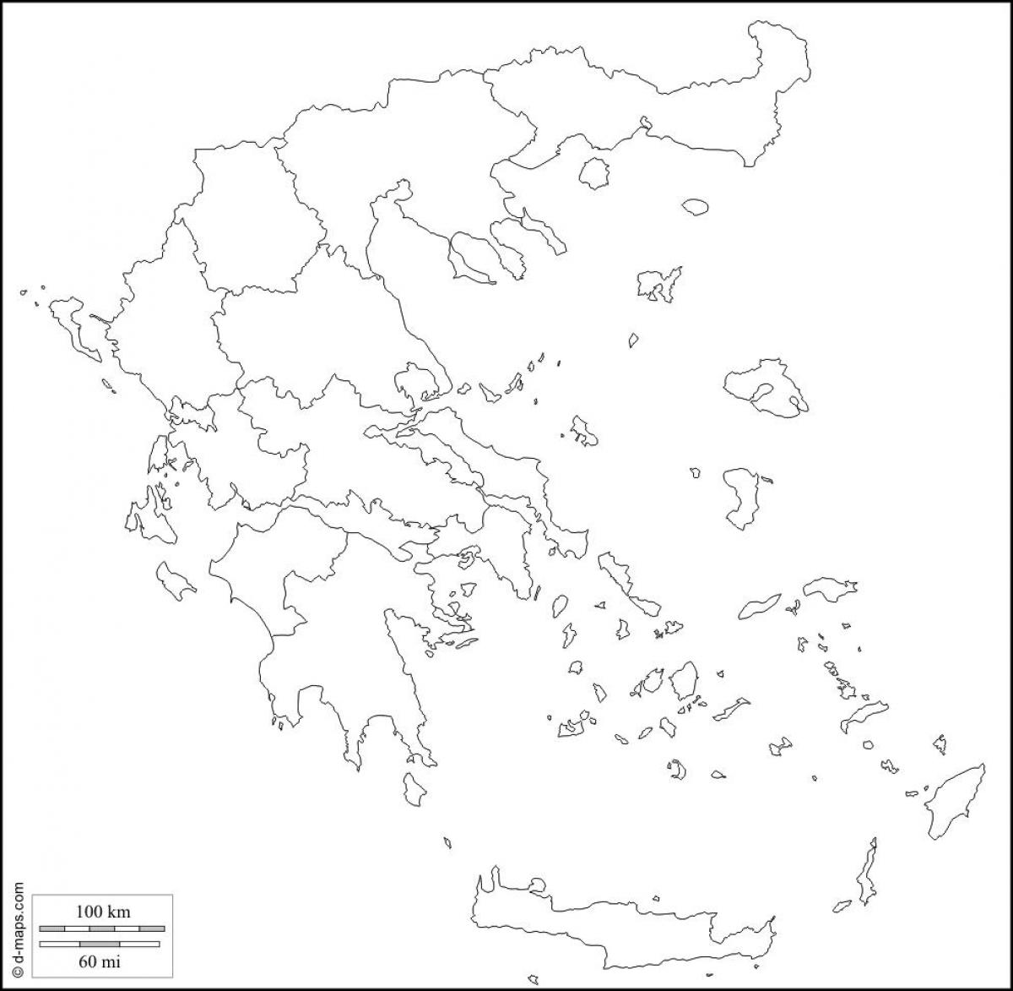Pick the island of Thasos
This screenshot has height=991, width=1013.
click(x=594, y=172)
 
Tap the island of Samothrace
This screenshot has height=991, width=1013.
click(x=695, y=206)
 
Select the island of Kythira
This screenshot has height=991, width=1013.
click(x=414, y=787)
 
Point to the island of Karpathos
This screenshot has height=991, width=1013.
click(x=866, y=874)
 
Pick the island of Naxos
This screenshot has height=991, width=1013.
click(x=683, y=679)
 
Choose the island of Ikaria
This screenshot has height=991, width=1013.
click(x=760, y=606)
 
